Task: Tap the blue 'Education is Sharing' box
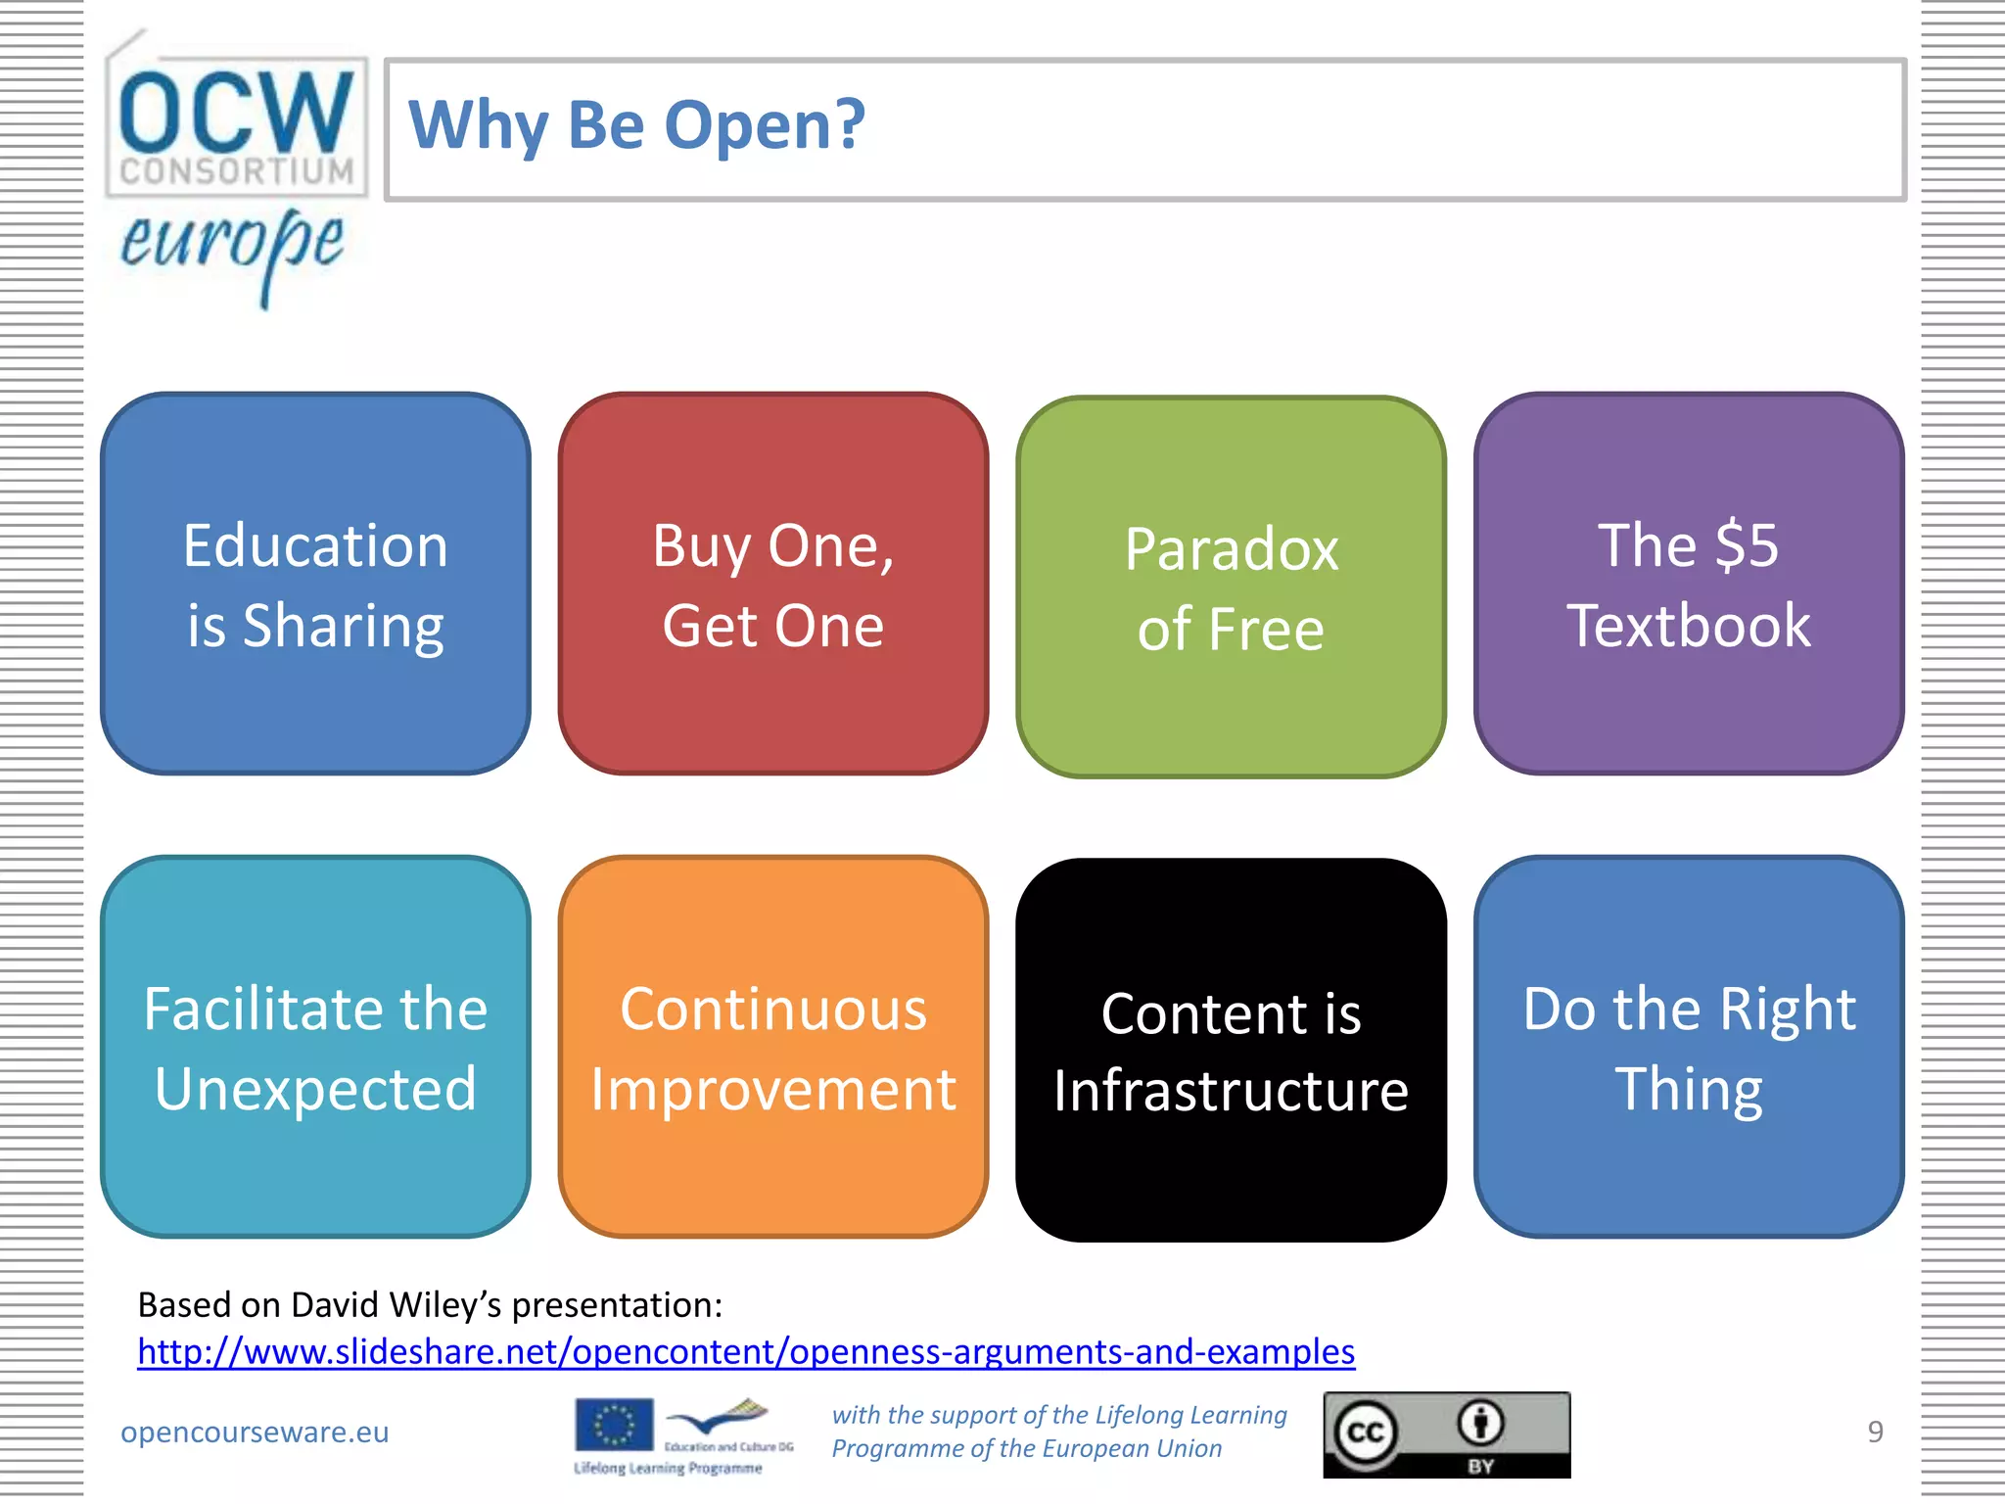(315, 585)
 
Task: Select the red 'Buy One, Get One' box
(772, 585)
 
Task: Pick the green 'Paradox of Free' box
(1231, 587)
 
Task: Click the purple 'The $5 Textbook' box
(1688, 585)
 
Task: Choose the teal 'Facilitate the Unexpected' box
(315, 1048)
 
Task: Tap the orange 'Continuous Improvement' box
(772, 1048)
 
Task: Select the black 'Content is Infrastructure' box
(1231, 1051)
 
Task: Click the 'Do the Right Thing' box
(1688, 1048)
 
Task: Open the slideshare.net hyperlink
(746, 1352)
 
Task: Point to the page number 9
(1875, 1432)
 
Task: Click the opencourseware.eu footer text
(255, 1432)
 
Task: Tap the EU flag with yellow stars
(614, 1425)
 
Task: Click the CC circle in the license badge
(1365, 1433)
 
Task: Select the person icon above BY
(1480, 1423)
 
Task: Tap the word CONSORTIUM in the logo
(236, 171)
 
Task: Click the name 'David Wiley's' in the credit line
(396, 1305)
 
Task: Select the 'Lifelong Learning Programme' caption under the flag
(668, 1468)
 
